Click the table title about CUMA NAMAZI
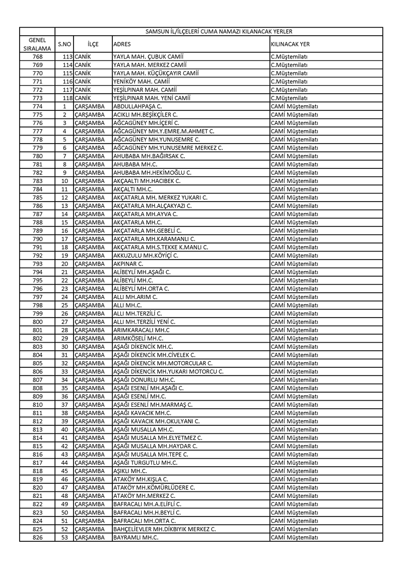219,31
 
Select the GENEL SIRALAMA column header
37,44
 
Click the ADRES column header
122,44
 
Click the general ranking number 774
37,106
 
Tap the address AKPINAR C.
128,264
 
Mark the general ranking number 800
37,322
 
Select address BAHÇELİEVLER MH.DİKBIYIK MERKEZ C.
165,529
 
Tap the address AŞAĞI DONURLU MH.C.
144,379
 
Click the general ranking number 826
37,537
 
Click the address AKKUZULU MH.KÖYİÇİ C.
146,256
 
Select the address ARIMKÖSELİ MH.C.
138,338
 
